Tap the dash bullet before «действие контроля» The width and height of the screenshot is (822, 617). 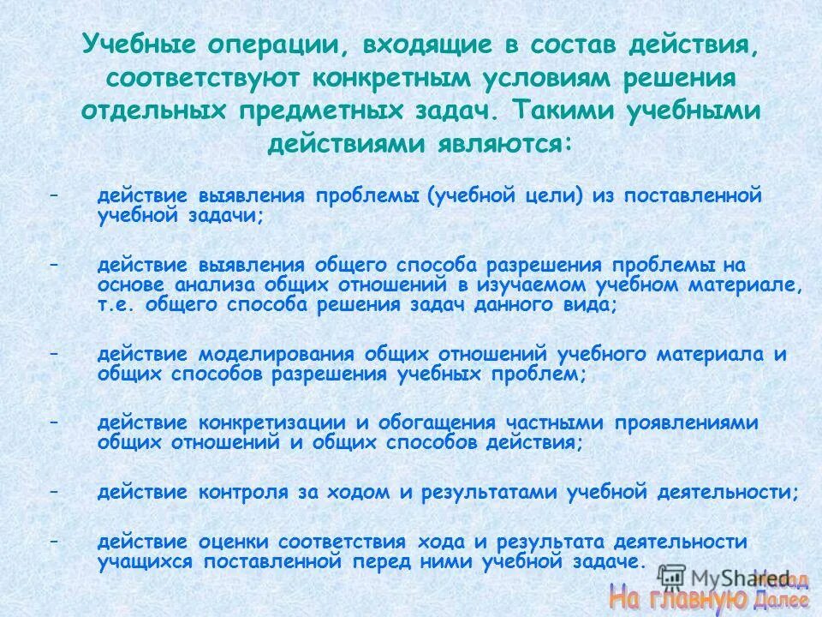click(54, 493)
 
